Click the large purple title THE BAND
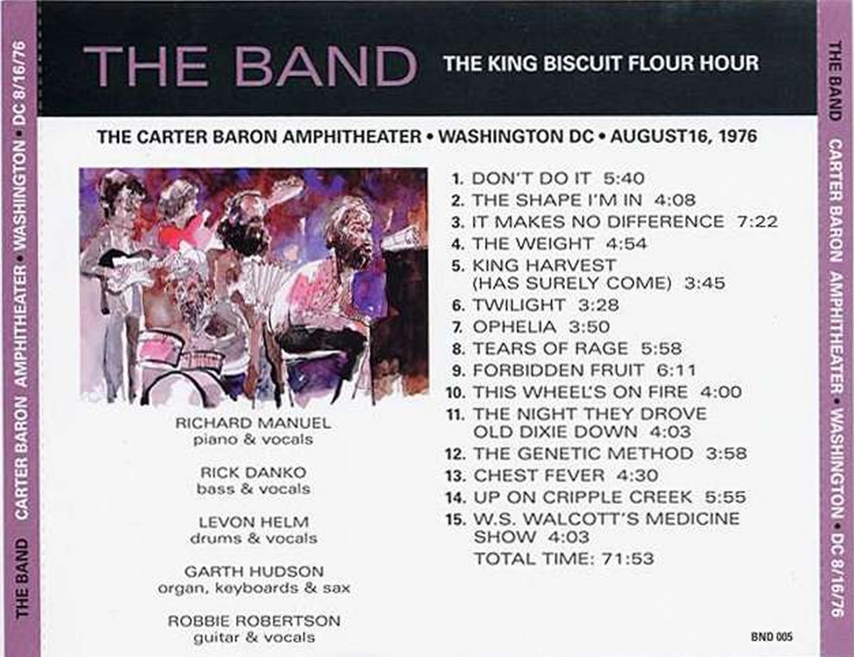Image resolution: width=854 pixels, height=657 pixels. [x=250, y=65]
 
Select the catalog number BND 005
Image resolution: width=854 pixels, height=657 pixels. [x=772, y=637]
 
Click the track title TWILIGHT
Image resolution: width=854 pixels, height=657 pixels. [x=518, y=305]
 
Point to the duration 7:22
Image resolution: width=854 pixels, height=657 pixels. [x=757, y=222]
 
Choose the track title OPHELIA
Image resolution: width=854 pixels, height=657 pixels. [x=514, y=327]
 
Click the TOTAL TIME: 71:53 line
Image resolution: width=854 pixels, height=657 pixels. [x=564, y=558]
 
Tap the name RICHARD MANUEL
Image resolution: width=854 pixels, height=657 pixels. [x=253, y=423]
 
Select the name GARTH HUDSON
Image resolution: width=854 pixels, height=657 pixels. [x=254, y=571]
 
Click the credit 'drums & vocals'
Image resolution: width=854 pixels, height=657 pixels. [x=254, y=539]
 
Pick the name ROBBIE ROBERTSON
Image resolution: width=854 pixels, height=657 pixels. [x=254, y=621]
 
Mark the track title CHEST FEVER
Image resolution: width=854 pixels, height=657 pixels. [x=539, y=475]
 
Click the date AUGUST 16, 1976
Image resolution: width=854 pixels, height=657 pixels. [x=683, y=136]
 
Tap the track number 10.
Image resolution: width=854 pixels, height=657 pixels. [x=456, y=392]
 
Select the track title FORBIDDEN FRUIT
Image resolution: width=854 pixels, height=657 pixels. [x=558, y=370]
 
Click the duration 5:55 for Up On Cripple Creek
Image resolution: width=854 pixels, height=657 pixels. [x=725, y=497]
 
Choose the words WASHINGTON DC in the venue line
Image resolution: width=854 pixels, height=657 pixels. [x=515, y=136]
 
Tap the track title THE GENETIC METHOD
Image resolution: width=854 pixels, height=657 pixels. [x=583, y=454]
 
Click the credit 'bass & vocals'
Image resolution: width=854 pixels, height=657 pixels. [x=254, y=489]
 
